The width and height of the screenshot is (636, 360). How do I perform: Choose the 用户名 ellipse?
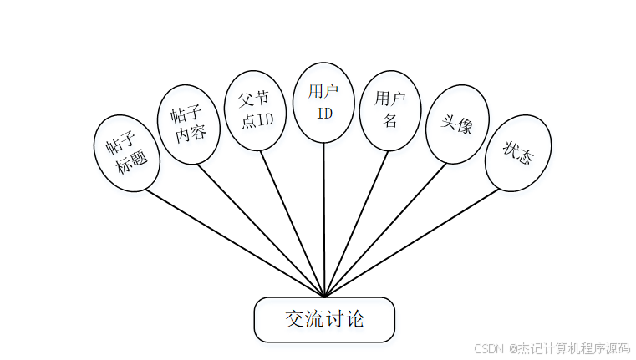point(389,109)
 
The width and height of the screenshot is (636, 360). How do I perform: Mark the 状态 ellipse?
point(517,152)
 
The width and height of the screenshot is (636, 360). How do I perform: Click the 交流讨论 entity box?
point(324,319)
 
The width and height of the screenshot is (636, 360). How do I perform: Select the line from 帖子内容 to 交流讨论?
point(261,227)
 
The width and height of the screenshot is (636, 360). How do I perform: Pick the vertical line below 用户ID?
point(323,217)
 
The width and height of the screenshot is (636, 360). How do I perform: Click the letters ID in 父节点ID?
point(264,119)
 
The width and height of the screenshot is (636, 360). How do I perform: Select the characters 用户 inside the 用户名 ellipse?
point(390,99)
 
